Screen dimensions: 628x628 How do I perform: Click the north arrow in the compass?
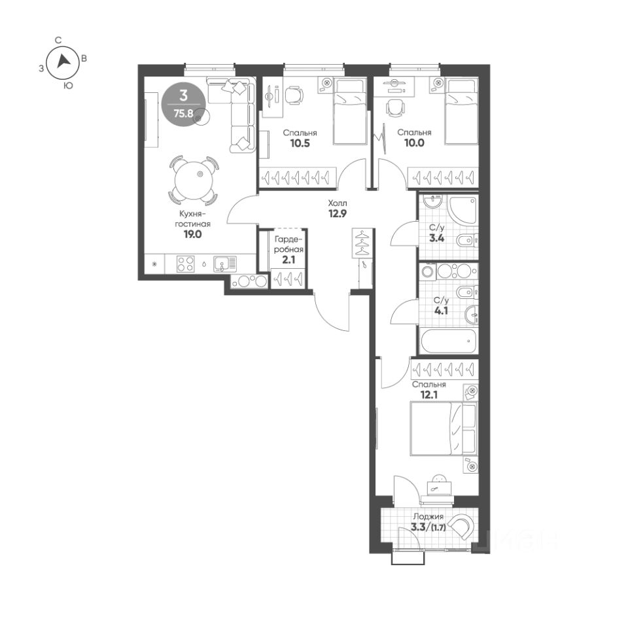63,61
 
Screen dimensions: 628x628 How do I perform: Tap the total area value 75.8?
183,113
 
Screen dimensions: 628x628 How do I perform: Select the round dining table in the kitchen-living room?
194,179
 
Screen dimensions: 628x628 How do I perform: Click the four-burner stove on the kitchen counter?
185,264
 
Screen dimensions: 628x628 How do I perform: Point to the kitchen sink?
225,264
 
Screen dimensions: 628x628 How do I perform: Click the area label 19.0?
192,235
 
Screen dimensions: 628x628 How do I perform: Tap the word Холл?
338,203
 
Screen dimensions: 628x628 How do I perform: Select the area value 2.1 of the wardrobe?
288,260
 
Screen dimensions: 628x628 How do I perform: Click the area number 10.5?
300,143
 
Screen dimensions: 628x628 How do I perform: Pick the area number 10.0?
414,143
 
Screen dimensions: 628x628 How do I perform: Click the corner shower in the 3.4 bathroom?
462,209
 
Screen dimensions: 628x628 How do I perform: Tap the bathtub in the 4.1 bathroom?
449,341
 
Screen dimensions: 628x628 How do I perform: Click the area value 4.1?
441,310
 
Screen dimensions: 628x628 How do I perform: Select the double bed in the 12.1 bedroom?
444,429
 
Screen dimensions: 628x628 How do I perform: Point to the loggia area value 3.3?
418,527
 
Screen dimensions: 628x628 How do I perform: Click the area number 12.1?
429,395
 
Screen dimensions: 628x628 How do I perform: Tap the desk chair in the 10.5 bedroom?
294,96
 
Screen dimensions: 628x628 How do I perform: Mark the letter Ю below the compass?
69,85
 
